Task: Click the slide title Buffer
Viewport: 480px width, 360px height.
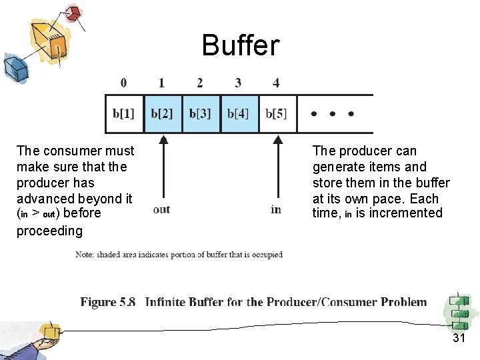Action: tap(241, 46)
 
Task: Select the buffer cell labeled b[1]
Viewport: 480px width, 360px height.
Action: tap(124, 113)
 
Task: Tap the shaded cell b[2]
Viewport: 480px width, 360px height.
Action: tap(163, 113)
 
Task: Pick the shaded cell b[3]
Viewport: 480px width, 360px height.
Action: tap(201, 113)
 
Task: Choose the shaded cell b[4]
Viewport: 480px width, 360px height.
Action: tap(239, 113)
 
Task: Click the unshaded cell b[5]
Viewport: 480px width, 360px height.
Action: tap(276, 113)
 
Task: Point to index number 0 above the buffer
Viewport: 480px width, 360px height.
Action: tap(123, 83)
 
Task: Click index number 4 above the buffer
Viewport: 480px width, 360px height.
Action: tap(276, 83)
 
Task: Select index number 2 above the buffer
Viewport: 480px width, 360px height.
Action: tap(200, 83)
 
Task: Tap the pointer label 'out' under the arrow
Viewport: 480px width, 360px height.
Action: tap(161, 209)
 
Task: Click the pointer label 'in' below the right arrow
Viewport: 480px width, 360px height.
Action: tap(276, 209)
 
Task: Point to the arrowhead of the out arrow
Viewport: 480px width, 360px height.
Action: tap(163, 139)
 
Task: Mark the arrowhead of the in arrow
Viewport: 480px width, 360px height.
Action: tap(276, 139)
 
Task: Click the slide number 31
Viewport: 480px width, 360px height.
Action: tap(459, 338)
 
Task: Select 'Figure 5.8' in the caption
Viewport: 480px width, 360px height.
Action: tap(108, 302)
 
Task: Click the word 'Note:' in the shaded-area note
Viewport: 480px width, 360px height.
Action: tap(85, 255)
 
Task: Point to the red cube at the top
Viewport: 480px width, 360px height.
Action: tap(70, 13)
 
